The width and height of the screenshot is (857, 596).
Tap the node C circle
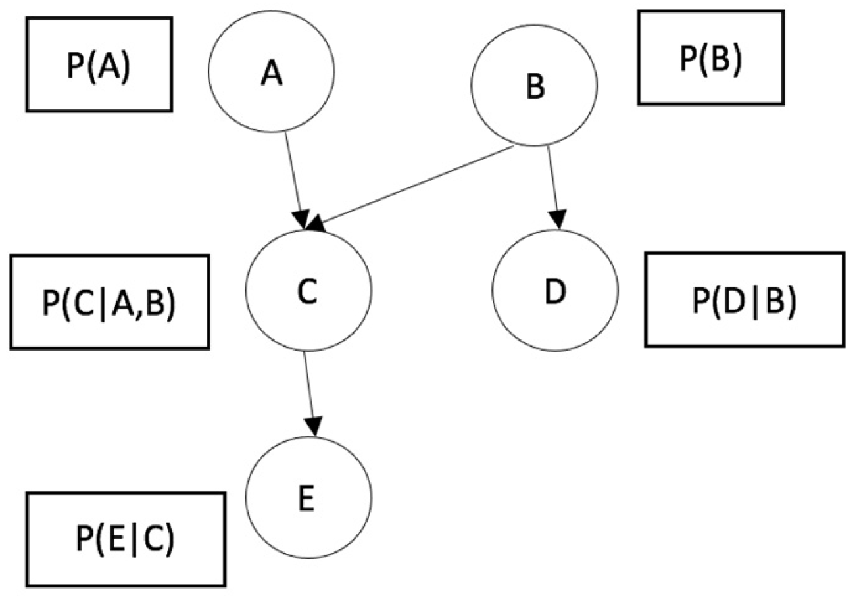[x=308, y=290]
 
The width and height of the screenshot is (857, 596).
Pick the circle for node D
[x=555, y=290]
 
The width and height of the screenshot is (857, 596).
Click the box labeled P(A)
[x=99, y=64]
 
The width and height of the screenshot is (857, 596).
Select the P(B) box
[x=711, y=57]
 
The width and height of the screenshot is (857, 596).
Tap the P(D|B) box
[x=744, y=299]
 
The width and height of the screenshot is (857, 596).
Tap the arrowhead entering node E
[x=314, y=426]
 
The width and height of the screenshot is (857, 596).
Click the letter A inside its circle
[x=271, y=73]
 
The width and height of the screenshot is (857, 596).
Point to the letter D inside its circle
[x=555, y=292]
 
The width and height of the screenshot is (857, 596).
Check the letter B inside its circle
[x=536, y=87]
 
